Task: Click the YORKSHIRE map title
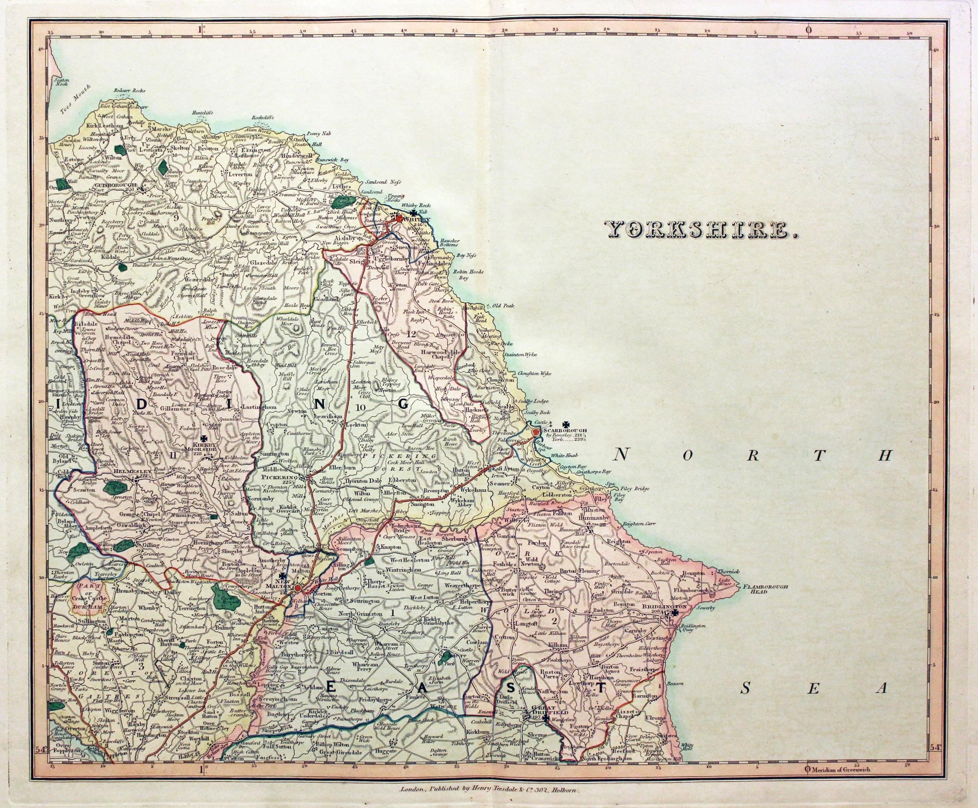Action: pos(677,230)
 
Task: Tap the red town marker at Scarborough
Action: pos(536,433)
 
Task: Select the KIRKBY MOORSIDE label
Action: pos(205,448)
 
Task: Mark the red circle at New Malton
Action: pos(297,588)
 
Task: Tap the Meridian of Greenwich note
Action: pos(838,770)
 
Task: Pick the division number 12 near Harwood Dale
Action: pos(411,333)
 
